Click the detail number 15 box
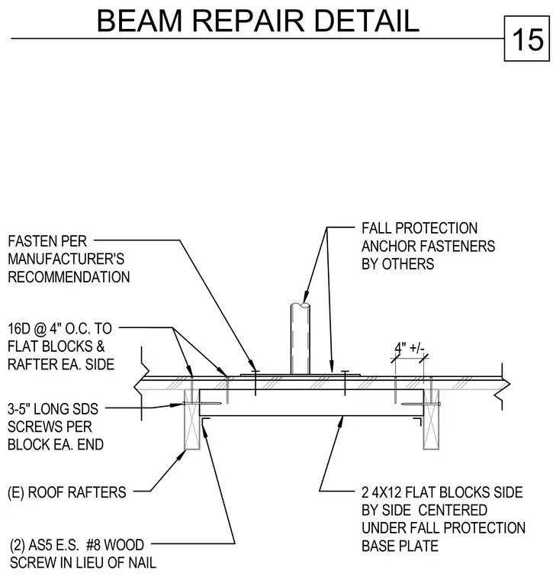[527, 38]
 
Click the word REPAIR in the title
[249, 21]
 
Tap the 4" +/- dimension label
[410, 349]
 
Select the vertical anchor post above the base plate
[301, 338]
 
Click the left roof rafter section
[192, 420]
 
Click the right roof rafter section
[431, 420]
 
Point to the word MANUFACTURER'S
[66, 259]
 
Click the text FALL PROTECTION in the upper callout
[420, 228]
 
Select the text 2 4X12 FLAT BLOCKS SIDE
[442, 492]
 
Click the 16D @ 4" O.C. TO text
[60, 328]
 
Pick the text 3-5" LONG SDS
[53, 409]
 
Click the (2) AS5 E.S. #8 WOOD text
[77, 545]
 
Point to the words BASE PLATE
[400, 546]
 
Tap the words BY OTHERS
[397, 264]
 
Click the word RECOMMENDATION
[69, 277]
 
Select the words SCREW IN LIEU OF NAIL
[83, 563]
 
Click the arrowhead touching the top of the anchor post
[305, 298]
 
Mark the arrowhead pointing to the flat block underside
[340, 422]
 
